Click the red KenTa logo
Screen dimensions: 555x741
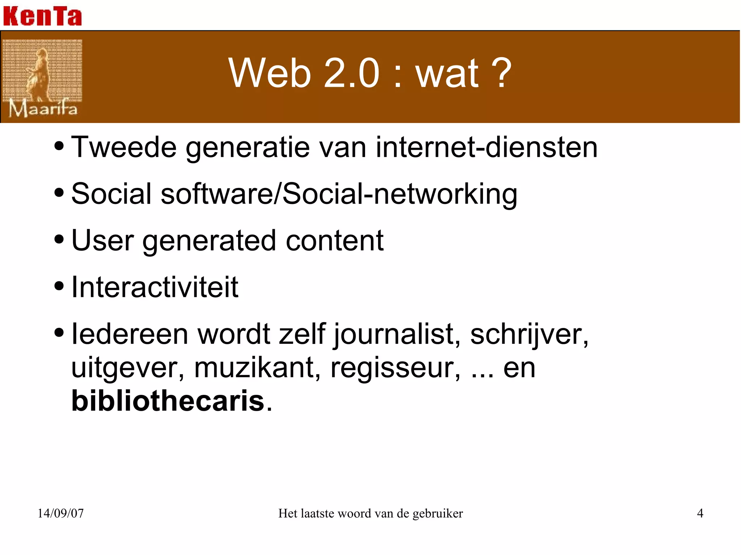point(42,16)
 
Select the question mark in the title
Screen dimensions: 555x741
point(499,73)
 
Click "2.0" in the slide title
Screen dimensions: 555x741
point(351,73)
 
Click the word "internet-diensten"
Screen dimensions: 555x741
point(486,147)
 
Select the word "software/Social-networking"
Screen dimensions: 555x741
point(339,194)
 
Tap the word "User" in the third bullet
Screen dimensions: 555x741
point(102,240)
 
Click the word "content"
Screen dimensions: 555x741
point(334,240)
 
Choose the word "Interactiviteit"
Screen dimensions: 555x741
point(155,287)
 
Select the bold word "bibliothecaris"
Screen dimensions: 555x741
point(168,401)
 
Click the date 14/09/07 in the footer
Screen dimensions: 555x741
point(60,513)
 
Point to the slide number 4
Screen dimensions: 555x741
point(700,513)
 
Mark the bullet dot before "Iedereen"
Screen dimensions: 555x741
point(59,333)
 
